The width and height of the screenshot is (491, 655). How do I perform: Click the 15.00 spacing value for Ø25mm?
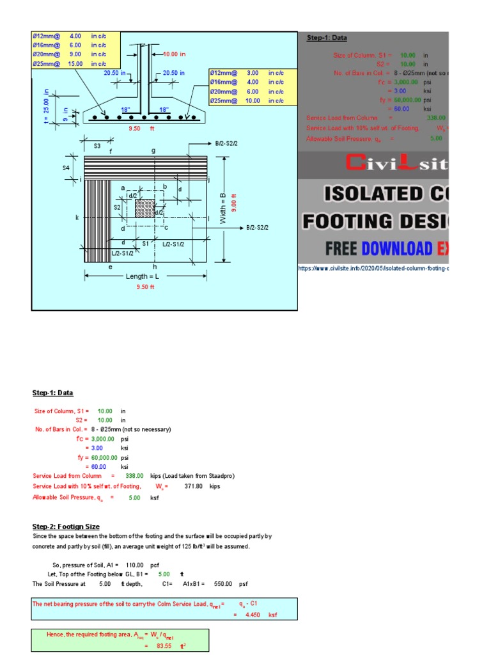(x=75, y=63)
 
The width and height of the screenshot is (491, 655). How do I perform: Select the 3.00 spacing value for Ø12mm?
(x=253, y=73)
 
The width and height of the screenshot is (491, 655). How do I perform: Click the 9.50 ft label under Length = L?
(x=145, y=287)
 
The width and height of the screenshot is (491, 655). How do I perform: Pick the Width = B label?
(x=223, y=209)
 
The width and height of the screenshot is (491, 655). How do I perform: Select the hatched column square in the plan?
(x=144, y=209)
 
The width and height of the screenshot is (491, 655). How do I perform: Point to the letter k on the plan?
(x=77, y=218)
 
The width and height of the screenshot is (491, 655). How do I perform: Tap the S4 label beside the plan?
(x=66, y=168)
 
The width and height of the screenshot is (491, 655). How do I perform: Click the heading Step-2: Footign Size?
(x=66, y=526)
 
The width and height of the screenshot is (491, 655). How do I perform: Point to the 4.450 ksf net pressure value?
(x=254, y=615)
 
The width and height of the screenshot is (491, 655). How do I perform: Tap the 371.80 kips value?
(x=193, y=486)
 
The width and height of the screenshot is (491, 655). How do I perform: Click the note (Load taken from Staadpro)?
(x=206, y=476)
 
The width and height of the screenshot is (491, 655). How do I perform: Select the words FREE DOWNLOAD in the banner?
(x=377, y=248)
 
